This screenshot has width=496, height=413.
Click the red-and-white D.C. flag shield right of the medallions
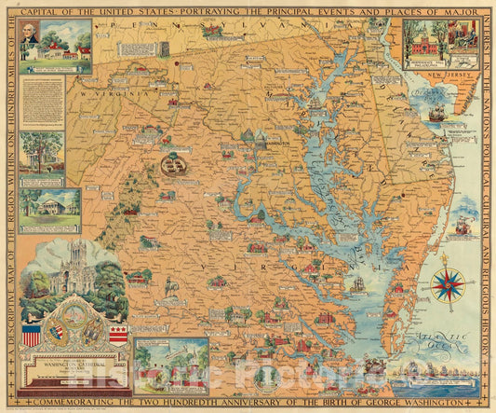tap(117, 334)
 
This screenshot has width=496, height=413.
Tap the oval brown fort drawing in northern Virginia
tap(172, 165)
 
